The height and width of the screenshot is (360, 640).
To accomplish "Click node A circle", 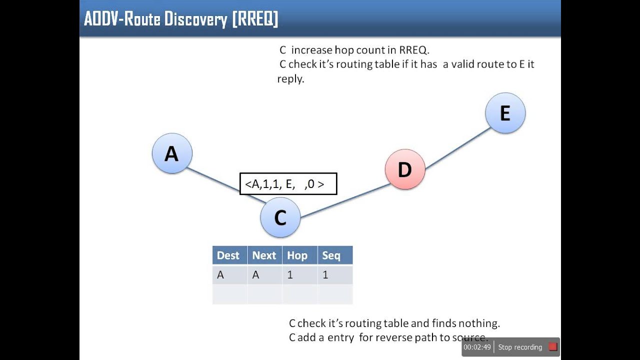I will click(x=172, y=153).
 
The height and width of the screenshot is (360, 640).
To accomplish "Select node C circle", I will click(x=280, y=217).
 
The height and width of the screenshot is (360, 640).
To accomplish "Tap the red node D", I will click(x=405, y=169).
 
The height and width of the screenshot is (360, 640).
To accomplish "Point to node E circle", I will click(x=505, y=113).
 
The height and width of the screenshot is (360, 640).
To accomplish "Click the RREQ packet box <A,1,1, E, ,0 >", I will click(x=288, y=184).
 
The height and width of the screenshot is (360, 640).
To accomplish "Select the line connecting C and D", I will click(x=345, y=200).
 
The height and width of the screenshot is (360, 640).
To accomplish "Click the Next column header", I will click(x=264, y=255).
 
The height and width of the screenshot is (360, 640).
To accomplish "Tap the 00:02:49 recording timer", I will click(x=477, y=347).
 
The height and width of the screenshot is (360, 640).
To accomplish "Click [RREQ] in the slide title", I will click(x=254, y=19).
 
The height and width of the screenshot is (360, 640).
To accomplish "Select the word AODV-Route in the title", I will click(x=123, y=19).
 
